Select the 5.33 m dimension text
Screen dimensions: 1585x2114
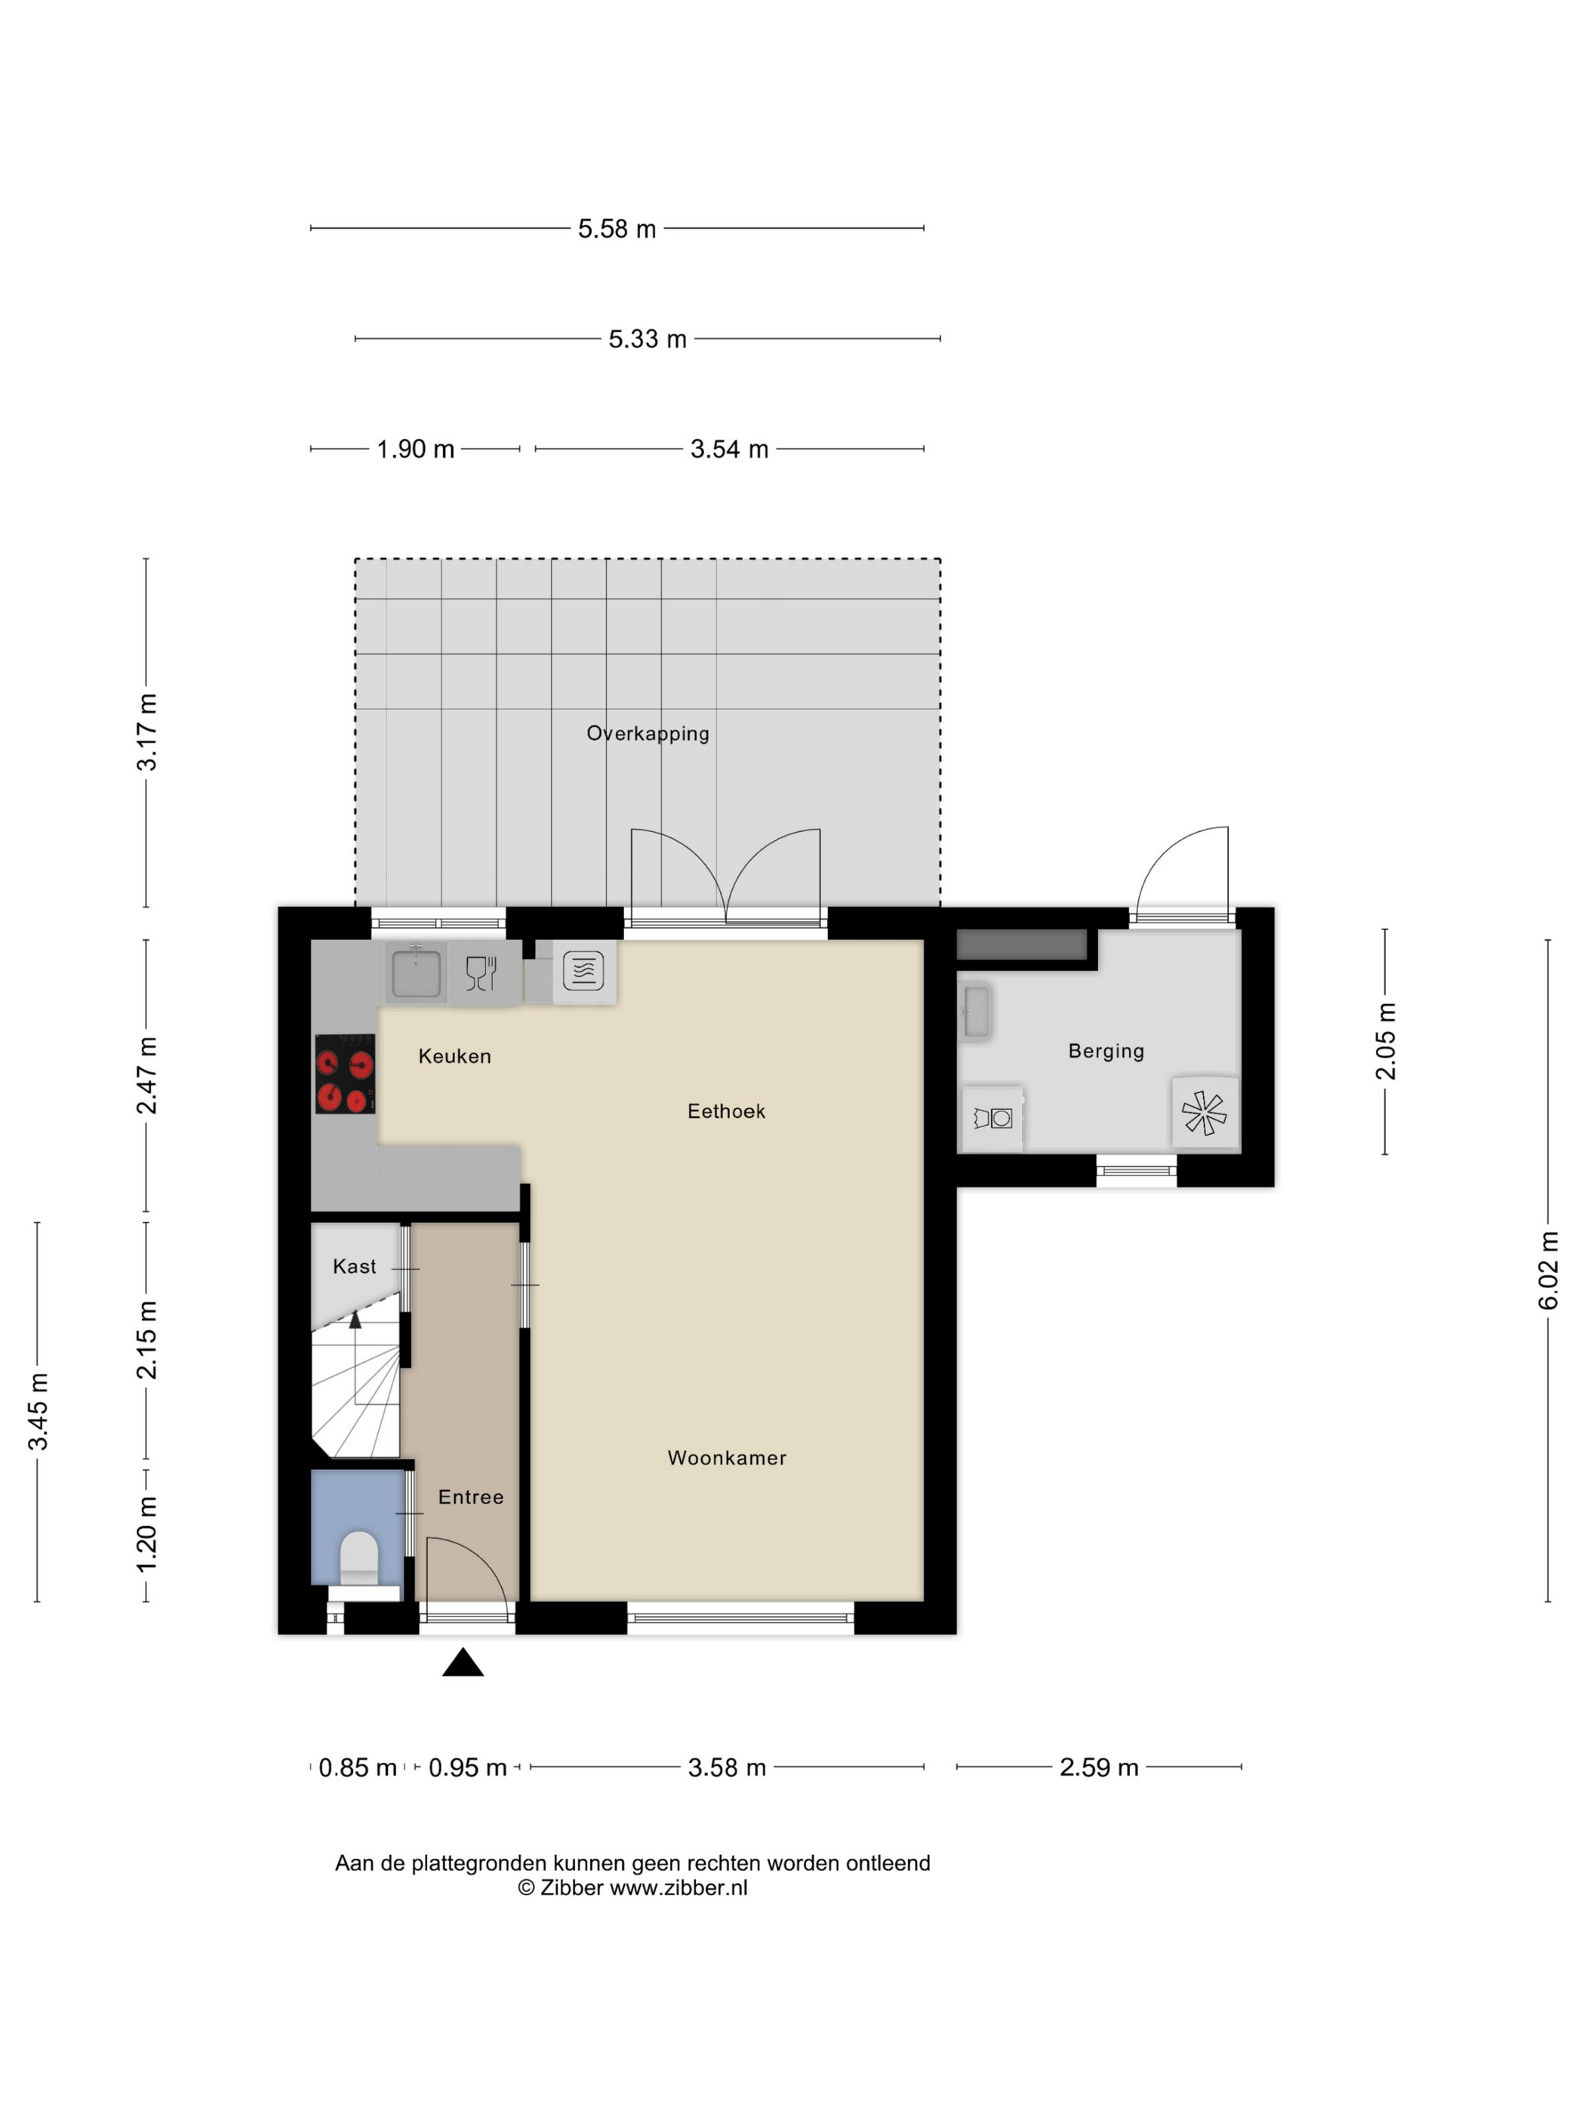(647, 339)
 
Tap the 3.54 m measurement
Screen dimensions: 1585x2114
(729, 449)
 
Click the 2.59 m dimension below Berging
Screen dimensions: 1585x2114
(1099, 1767)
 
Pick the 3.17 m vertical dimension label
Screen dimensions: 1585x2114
(146, 732)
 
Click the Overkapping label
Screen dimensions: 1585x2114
(648, 734)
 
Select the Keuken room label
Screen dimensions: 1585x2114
(455, 1056)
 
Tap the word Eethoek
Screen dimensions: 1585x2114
(726, 1111)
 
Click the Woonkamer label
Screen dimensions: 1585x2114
(727, 1459)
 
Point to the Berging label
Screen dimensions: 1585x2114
(1106, 1051)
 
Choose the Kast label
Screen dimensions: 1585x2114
(355, 1266)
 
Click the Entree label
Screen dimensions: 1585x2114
(470, 1498)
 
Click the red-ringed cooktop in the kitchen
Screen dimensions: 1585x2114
(345, 1074)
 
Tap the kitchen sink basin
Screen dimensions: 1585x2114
(416, 970)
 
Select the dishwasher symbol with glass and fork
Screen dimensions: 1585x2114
(482, 973)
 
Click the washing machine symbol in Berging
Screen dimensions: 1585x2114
(993, 1117)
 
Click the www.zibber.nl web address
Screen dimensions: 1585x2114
(679, 1887)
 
